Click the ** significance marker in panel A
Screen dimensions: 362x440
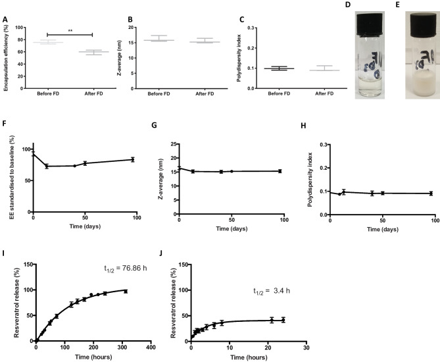(x=69, y=30)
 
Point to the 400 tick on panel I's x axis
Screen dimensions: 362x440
(x=150, y=347)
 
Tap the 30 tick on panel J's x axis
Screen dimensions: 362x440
(x=305, y=347)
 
